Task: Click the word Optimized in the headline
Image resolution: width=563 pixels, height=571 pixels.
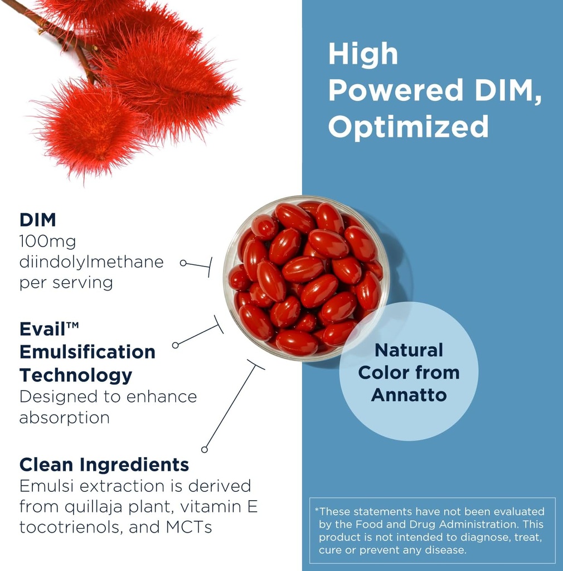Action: click(x=408, y=127)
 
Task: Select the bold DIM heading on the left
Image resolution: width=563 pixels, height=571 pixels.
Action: click(x=38, y=220)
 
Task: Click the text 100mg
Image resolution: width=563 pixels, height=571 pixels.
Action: click(x=47, y=241)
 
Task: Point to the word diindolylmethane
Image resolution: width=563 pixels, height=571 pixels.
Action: click(x=91, y=262)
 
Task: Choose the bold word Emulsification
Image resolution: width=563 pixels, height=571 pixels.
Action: click(x=88, y=352)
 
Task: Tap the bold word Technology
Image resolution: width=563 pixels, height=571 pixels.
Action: click(x=76, y=375)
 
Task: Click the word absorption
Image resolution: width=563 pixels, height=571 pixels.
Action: click(x=64, y=418)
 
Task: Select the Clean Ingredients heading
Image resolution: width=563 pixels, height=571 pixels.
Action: click(x=104, y=464)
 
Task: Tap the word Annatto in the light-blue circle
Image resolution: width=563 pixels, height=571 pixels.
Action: click(x=409, y=395)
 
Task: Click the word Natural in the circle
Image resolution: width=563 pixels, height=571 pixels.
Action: click(x=409, y=350)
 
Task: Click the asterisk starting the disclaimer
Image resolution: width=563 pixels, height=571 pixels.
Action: click(x=317, y=510)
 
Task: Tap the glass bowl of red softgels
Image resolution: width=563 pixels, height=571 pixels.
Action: click(x=306, y=279)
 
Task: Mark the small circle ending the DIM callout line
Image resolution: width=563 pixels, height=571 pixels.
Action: click(x=183, y=262)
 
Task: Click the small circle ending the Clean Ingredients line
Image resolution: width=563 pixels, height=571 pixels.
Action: click(x=205, y=449)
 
